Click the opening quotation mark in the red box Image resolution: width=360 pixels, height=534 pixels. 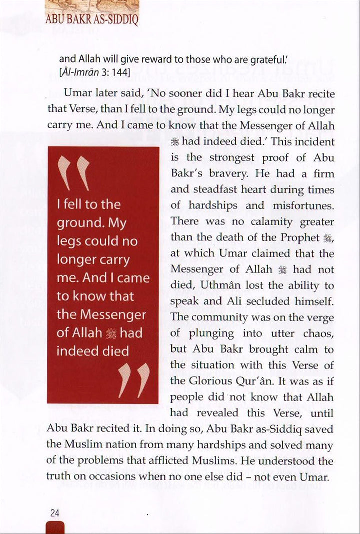point(73,173)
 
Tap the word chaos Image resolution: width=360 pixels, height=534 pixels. point(318,333)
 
